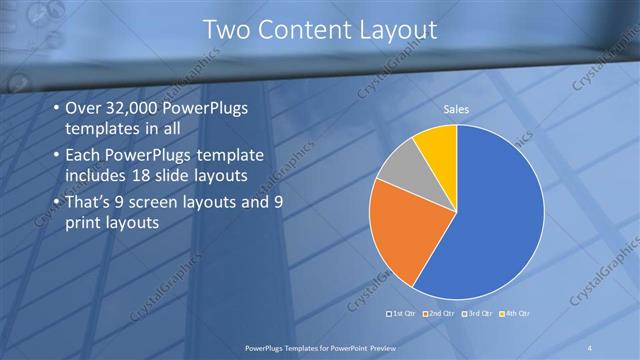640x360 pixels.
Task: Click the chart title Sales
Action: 457,110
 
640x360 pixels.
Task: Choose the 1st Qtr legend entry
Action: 403,313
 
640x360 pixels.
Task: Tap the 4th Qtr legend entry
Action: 517,313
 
